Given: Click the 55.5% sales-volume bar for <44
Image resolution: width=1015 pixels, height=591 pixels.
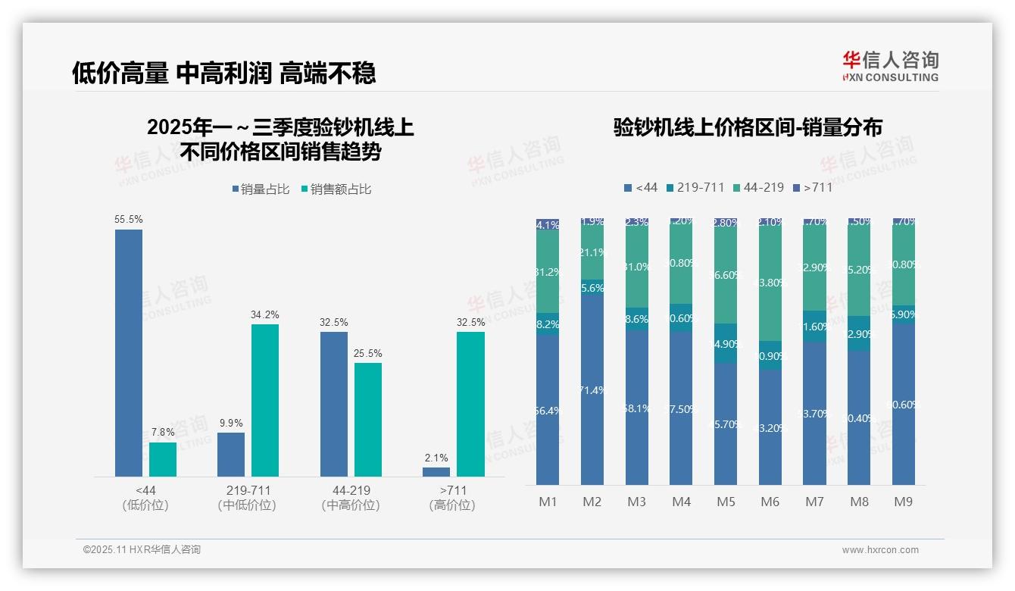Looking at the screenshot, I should tap(129, 352).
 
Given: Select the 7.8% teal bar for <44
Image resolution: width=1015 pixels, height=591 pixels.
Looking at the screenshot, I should tap(163, 459).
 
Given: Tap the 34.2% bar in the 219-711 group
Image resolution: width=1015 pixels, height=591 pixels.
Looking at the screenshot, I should tap(265, 400).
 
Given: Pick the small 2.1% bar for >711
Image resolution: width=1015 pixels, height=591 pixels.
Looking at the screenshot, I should tap(436, 471).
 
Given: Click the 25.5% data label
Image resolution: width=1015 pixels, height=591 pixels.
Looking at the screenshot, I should tap(368, 353).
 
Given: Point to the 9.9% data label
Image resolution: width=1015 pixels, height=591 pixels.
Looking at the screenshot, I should tap(231, 423).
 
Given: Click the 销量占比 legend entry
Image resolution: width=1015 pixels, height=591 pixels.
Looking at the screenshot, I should tap(261, 189).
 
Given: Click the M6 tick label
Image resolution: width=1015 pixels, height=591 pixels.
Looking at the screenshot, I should tap(770, 502).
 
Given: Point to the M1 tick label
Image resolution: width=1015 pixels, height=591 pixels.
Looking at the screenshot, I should tap(548, 502).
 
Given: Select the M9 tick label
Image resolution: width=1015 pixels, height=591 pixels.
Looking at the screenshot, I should tap(903, 502).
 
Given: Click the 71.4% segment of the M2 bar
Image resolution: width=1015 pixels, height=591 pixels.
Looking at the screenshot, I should tap(592, 390).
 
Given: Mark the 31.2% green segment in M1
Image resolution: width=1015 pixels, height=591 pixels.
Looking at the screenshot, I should tap(548, 271).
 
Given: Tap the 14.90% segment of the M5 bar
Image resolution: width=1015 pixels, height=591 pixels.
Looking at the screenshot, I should tap(726, 343).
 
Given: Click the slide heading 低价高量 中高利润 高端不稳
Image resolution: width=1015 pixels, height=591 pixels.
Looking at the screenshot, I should tap(224, 73).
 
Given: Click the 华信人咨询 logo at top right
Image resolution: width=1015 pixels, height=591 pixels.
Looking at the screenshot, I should tap(890, 66).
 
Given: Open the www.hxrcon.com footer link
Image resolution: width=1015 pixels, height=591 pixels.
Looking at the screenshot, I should tap(880, 550).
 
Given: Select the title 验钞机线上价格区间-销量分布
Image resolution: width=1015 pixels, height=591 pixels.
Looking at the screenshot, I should tap(748, 127).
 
